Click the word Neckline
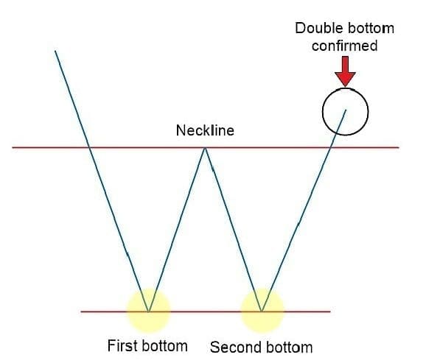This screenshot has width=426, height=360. [205, 130]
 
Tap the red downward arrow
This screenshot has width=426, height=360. [345, 71]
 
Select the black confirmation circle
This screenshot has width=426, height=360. [323, 111]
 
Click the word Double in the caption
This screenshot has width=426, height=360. [315, 28]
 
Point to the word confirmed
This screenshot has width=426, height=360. [344, 46]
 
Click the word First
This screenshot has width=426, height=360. [122, 345]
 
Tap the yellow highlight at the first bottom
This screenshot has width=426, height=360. [148, 311]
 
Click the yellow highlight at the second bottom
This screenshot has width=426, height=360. [262, 311]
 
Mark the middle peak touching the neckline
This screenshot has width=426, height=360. [205, 147]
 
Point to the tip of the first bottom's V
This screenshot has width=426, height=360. [148, 311]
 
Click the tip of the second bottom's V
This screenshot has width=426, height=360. [262, 311]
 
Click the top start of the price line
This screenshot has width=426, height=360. [55, 51]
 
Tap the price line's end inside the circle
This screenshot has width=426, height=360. [346, 110]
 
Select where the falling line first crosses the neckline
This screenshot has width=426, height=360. [89, 147]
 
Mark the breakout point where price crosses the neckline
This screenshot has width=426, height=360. [331, 147]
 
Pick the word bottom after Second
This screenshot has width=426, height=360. [289, 347]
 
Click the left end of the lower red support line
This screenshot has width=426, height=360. [81, 311]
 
